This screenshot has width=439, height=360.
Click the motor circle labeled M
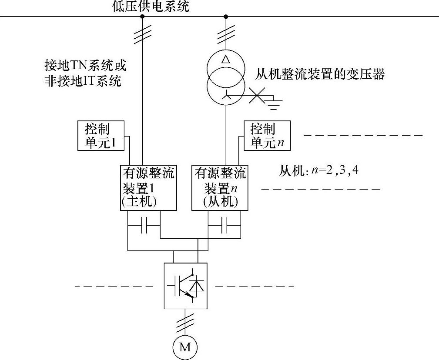(x=185, y=347)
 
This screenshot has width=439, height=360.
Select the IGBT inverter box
(x=185, y=285)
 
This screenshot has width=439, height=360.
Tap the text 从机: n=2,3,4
(x=318, y=170)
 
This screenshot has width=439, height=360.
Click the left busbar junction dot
(x=142, y=17)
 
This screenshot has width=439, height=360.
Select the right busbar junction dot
(x=225, y=17)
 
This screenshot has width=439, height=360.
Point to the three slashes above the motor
(x=185, y=321)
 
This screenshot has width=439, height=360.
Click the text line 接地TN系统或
(x=85, y=66)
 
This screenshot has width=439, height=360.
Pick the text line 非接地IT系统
(x=83, y=81)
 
